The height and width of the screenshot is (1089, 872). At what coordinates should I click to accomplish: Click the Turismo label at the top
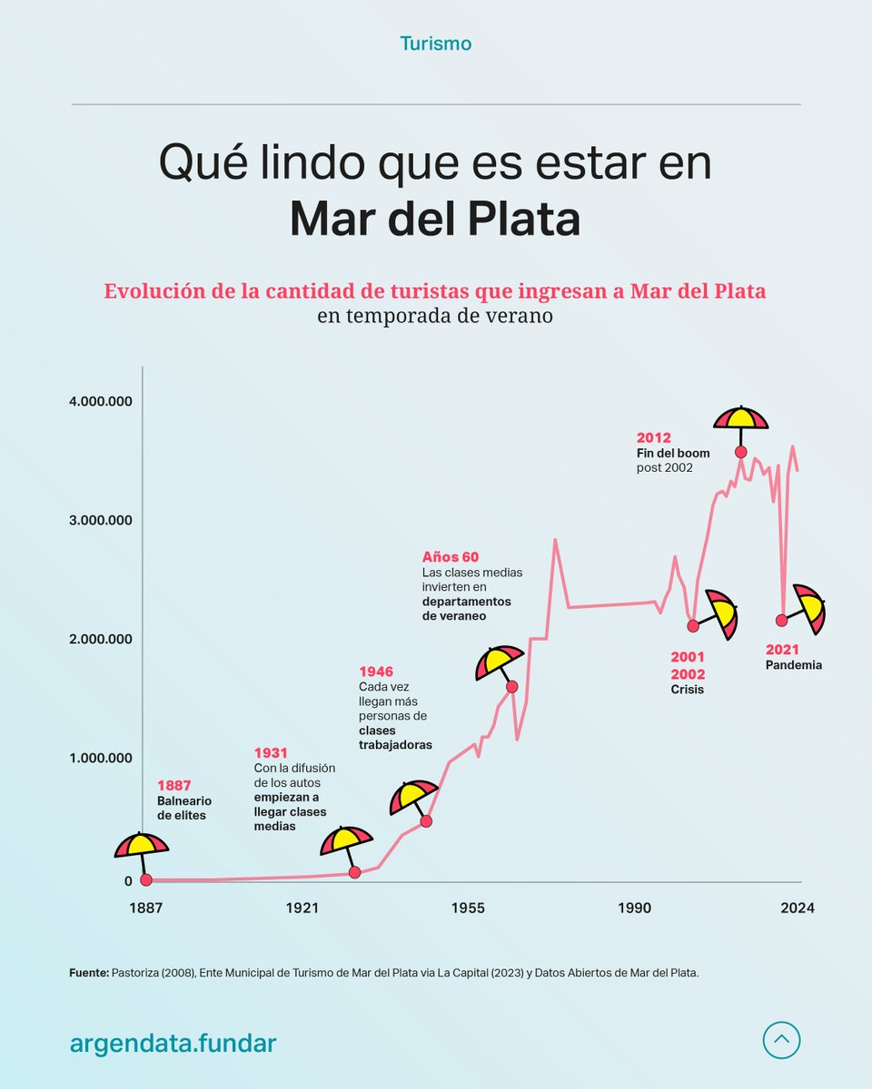[x=435, y=43]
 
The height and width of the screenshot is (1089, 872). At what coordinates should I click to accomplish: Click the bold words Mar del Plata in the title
[x=435, y=221]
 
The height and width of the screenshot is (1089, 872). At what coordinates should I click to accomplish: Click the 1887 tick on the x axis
[x=145, y=908]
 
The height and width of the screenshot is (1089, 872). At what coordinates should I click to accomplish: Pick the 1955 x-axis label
[x=468, y=908]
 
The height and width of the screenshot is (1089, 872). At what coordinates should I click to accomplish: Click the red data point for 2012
[x=740, y=452]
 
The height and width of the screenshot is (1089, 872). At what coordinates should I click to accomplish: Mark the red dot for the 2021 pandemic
[x=781, y=620]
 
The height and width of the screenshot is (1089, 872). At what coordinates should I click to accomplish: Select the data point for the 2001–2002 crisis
[x=693, y=625]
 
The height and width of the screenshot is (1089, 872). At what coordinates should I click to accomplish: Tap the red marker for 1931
[x=354, y=872]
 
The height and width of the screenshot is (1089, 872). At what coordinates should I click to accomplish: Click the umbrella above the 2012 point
[x=740, y=419]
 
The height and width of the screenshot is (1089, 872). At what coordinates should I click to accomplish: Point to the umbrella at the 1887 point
[x=142, y=847]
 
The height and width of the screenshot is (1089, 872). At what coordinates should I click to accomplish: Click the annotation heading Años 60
[x=450, y=556]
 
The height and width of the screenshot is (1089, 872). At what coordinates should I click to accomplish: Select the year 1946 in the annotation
[x=376, y=672]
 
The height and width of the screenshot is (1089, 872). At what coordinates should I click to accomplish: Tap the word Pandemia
[x=793, y=665]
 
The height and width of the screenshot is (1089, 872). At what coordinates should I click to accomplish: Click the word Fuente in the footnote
[x=88, y=973]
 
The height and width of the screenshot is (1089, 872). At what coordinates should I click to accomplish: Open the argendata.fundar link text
[x=173, y=1044]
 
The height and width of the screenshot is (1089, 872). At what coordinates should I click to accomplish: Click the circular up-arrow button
[x=782, y=1040]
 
